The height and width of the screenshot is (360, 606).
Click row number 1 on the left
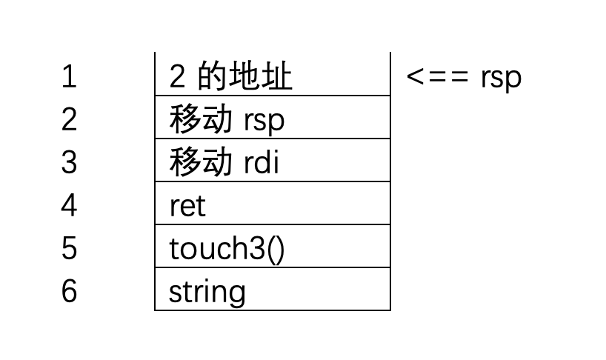[x=69, y=77]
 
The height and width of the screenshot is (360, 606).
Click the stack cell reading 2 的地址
[x=272, y=76]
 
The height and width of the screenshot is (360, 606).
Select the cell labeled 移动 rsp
[x=272, y=119]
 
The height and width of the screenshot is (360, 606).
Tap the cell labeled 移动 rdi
[x=272, y=161]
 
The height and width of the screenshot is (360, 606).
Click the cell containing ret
[x=272, y=204]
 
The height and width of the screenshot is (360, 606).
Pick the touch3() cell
[x=272, y=247]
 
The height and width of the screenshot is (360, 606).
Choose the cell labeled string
[x=272, y=290]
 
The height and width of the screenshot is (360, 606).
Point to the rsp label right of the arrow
[x=500, y=79]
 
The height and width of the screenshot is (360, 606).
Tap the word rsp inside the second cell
[x=264, y=121]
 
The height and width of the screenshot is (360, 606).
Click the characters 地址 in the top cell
[x=262, y=77]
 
